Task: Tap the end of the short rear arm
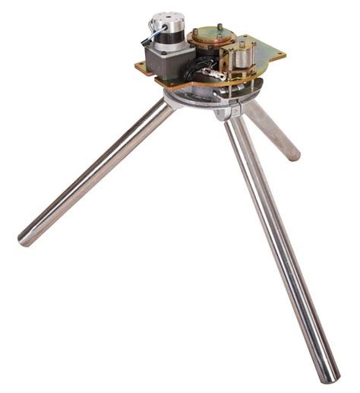[292, 154]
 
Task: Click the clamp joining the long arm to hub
[228, 113]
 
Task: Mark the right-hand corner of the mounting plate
[282, 55]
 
